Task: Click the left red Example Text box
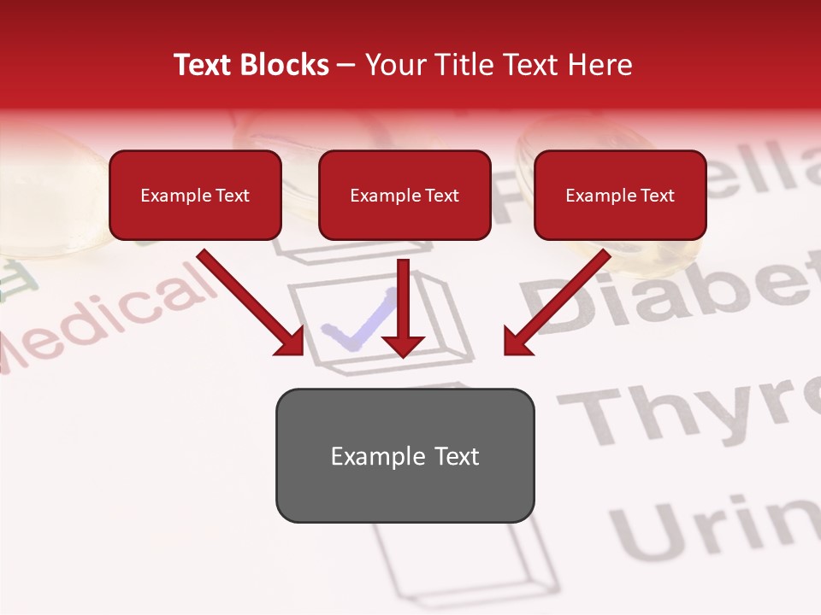195,195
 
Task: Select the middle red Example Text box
405,195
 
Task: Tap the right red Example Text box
620,195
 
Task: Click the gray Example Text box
405,455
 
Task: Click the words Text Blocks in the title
251,65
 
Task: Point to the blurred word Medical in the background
103,320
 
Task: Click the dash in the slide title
347,65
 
